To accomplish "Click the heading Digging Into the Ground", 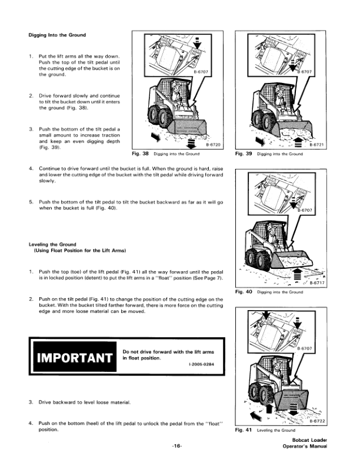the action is coord(57,35).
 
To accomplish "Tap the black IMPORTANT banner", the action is coord(75,357).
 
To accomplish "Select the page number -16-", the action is coord(176,446).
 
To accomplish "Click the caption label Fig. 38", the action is coord(140,154).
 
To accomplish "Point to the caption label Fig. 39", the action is coord(244,154).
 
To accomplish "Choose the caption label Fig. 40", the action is coord(244,292).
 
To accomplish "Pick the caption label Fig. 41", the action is coord(244,430).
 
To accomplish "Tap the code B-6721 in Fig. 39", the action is coord(316,145).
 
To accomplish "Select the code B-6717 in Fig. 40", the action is coord(317,282).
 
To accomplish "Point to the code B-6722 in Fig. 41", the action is coord(317,421).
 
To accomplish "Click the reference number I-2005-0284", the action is coord(201,364).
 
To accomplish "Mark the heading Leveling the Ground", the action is coord(52,244).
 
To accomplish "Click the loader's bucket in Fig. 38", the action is coord(187,127).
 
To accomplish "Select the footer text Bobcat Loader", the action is coord(309,440).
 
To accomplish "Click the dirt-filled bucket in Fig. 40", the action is coord(292,260).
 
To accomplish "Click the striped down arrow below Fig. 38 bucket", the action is coord(191,142).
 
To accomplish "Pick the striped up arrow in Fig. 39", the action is coord(297,142).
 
